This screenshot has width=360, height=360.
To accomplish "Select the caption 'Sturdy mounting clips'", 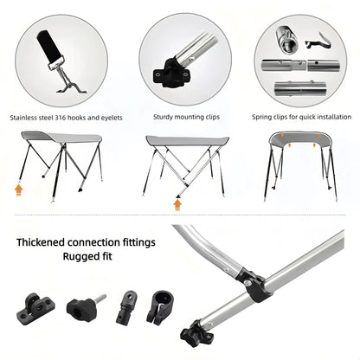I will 180,117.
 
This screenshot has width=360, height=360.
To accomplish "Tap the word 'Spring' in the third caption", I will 263,117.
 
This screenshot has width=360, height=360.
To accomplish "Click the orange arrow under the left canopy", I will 20,185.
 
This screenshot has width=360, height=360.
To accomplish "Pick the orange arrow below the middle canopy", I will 178,205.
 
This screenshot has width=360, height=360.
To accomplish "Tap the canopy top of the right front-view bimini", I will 301,138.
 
